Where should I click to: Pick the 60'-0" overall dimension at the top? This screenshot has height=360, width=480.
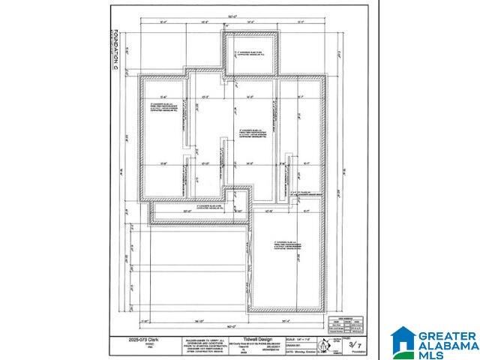pyautogui.click(x=238, y=16)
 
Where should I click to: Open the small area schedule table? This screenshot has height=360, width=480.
pyautogui.click(x=347, y=307)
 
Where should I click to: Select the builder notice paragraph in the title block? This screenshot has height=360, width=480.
pyautogui.click(x=202, y=346)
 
